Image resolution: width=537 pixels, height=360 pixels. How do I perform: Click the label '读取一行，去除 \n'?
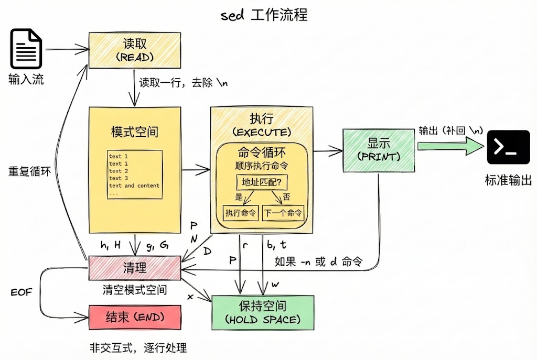tap(183, 83)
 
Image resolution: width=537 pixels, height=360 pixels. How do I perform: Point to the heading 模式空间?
tap(135, 131)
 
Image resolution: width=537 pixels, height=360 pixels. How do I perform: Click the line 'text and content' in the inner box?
tap(134, 186)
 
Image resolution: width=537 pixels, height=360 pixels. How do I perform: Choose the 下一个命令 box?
tap(283, 213)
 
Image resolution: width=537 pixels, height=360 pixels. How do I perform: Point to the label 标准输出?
tap(508, 181)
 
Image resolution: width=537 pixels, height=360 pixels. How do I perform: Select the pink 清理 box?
tap(135, 268)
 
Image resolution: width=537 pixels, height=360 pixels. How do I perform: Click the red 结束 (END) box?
tap(135, 317)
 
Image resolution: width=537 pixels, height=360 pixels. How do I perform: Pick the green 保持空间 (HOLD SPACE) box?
tap(263, 312)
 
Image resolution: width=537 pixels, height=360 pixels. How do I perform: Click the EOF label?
tap(22, 292)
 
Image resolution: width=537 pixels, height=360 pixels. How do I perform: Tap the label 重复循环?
tap(29, 171)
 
